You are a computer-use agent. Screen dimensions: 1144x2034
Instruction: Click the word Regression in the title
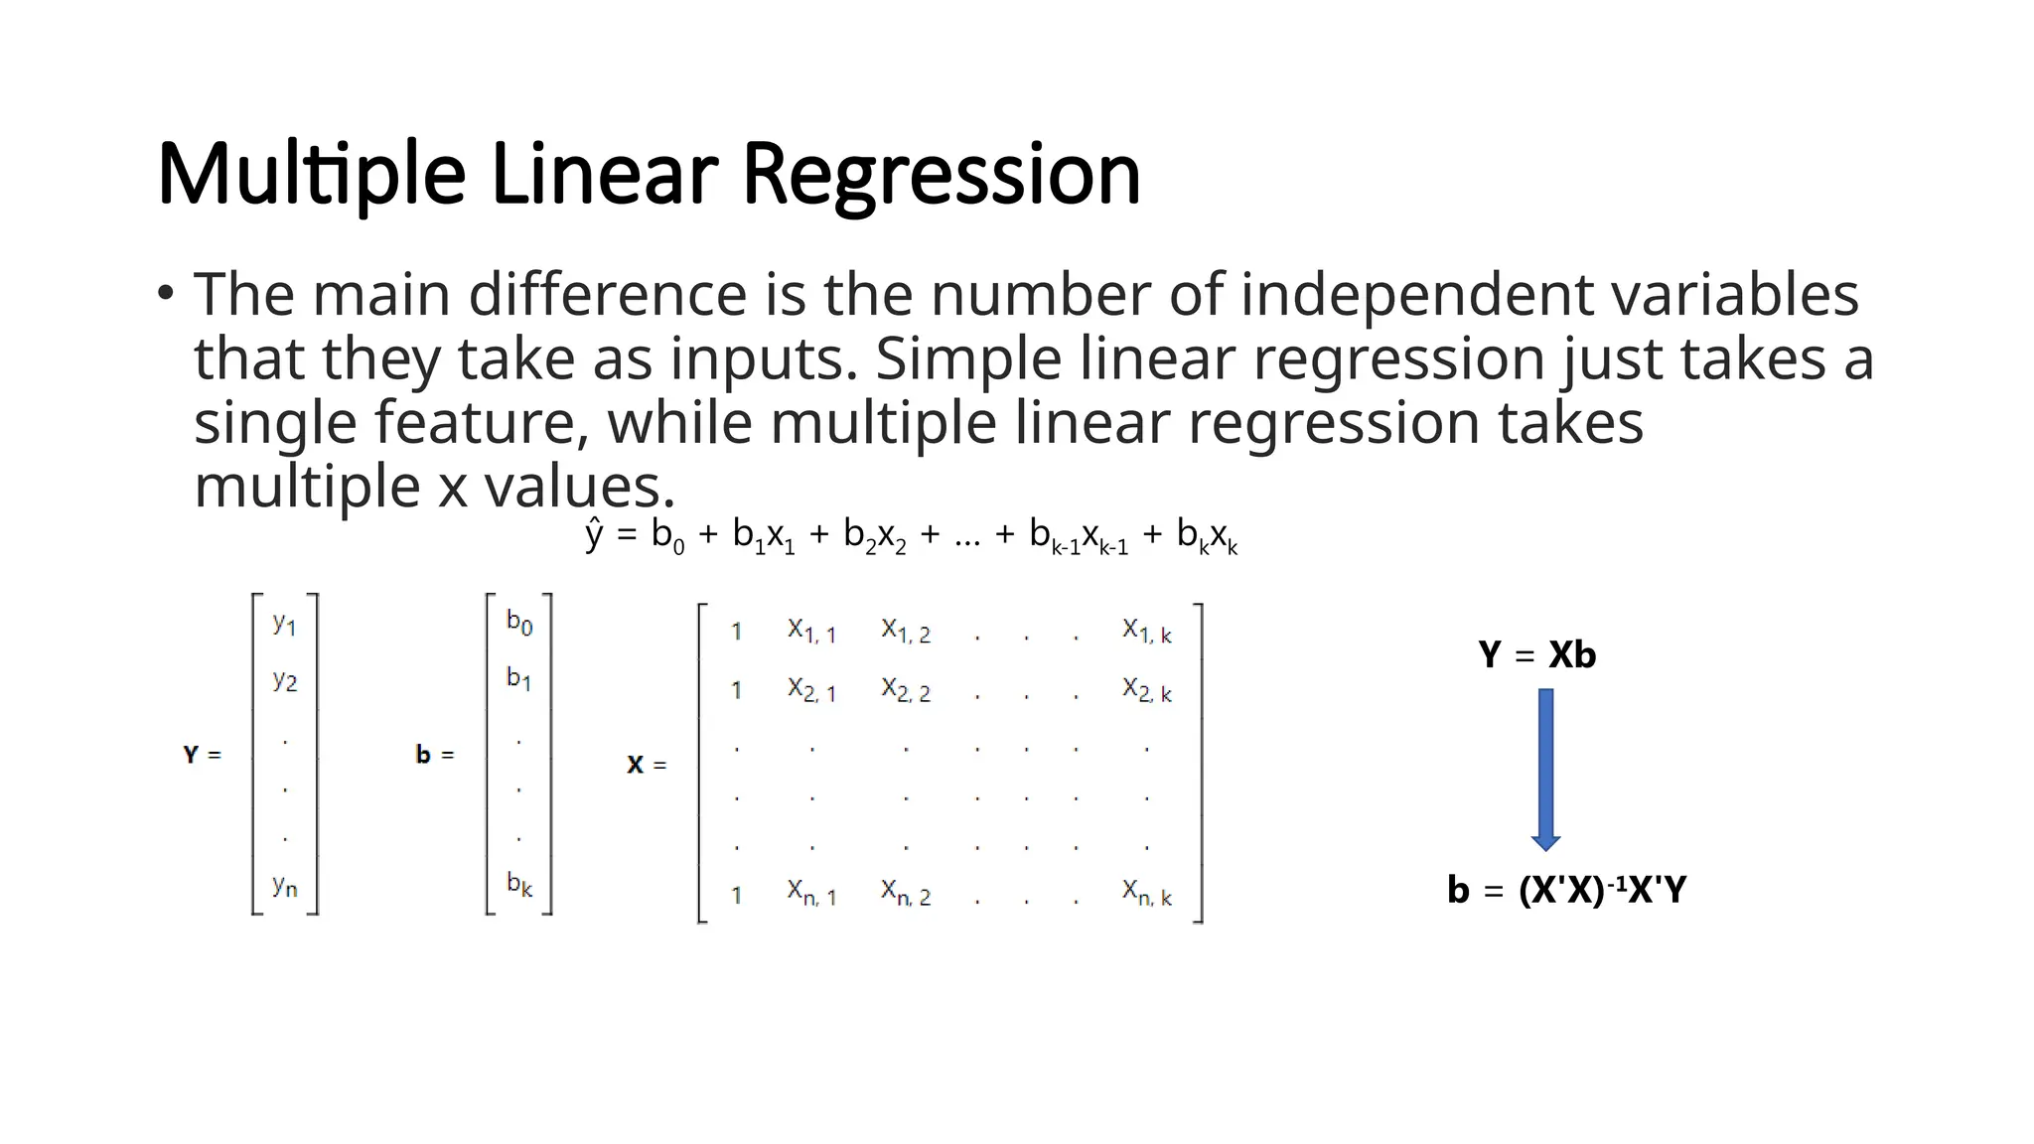pos(941,175)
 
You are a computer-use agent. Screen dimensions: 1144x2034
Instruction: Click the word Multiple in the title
pos(311,175)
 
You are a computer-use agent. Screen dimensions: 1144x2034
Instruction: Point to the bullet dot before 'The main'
pos(166,294)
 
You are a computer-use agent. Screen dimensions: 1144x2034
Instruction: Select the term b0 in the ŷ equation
pos(667,536)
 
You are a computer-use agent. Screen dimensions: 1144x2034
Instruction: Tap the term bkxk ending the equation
pos(1207,537)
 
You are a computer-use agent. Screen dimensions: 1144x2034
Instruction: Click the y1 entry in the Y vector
pos(284,624)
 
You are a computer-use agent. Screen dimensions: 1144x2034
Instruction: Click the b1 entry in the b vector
pos(518,678)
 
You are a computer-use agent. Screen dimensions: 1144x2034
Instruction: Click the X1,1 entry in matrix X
pos(811,631)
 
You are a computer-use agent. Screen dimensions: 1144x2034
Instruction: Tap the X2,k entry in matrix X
pos(1147,689)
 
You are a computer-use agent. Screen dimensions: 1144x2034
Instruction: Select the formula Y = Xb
pos(1536,655)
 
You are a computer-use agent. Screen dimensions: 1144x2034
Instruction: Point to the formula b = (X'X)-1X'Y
pos(1566,890)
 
